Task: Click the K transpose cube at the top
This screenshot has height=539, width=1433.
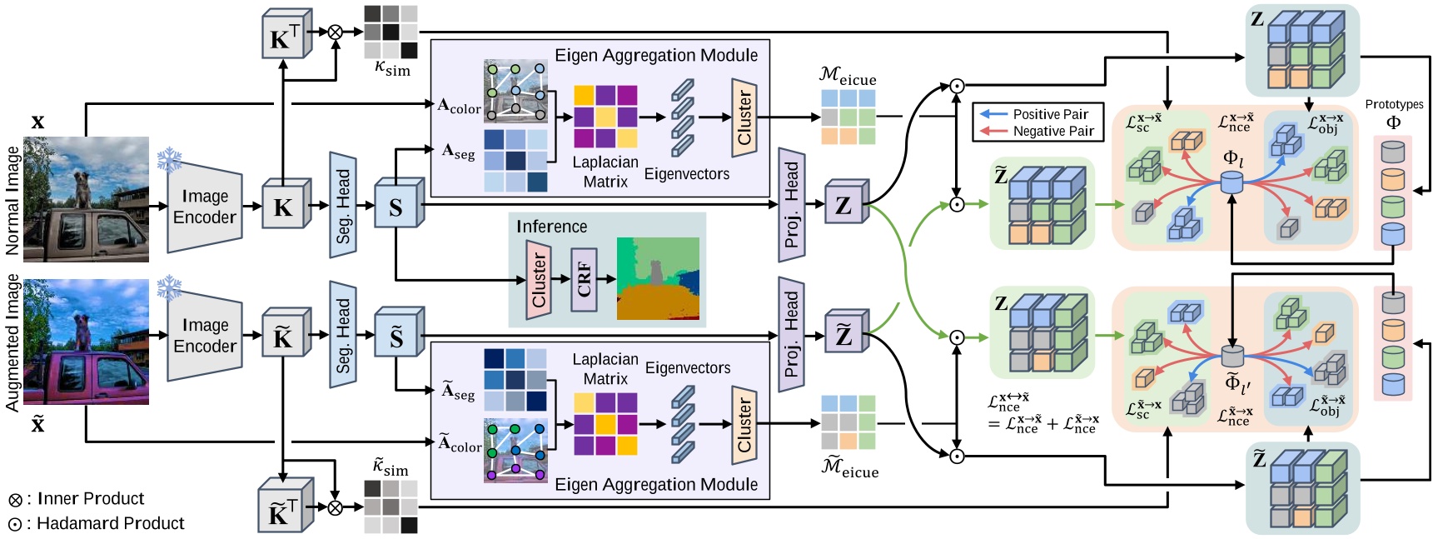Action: pyautogui.click(x=285, y=36)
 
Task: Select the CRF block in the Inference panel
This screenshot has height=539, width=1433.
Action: pyautogui.click(x=584, y=280)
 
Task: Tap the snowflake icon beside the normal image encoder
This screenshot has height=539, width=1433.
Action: pyautogui.click(x=169, y=160)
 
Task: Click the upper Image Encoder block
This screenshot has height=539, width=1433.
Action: pyautogui.click(x=205, y=207)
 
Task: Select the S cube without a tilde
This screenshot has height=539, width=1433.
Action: pyautogui.click(x=396, y=207)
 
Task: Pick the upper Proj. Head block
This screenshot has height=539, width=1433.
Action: pyautogui.click(x=791, y=204)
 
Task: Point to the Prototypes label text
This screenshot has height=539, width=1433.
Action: pyautogui.click(x=1394, y=104)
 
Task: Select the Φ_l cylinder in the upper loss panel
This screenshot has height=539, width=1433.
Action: pyautogui.click(x=1231, y=182)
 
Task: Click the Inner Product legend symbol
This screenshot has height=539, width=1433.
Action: pyautogui.click(x=15, y=500)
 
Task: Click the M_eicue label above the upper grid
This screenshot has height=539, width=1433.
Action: pyautogui.click(x=848, y=76)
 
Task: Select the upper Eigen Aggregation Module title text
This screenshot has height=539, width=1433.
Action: pyautogui.click(x=656, y=55)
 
